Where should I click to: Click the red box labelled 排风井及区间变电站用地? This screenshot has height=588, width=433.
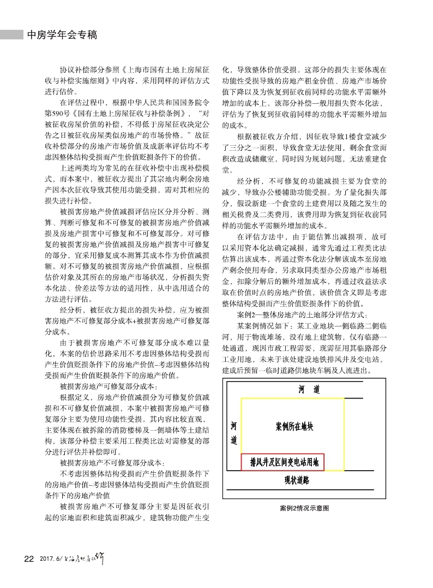pyautogui.click(x=283, y=462)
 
